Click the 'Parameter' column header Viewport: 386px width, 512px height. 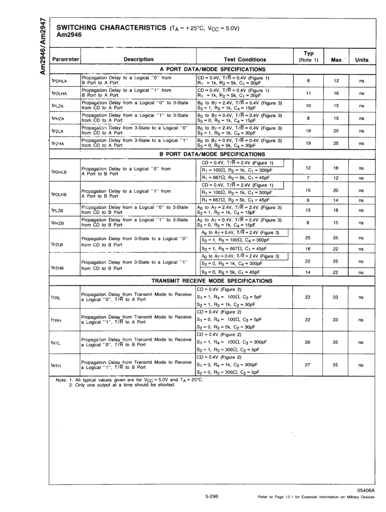(65, 59)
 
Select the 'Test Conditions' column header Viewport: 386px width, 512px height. (245, 59)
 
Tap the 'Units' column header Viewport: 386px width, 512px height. (361, 60)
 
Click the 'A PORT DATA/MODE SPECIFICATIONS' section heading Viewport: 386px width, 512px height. (212, 69)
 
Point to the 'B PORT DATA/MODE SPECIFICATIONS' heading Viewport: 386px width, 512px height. (212, 154)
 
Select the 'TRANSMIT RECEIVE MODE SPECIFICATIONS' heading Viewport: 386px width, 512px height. (212, 281)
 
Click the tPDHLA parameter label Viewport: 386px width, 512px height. (59, 81)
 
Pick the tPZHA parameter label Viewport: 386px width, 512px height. (58, 143)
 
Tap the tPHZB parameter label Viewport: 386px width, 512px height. (57, 223)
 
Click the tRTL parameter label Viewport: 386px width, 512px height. (56, 343)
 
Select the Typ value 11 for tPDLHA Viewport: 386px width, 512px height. (308, 93)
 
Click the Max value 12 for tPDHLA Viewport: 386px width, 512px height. (336, 80)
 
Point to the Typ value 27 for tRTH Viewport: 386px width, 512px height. (307, 365)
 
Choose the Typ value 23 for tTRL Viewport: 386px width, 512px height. (307, 297)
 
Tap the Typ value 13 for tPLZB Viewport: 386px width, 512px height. (308, 210)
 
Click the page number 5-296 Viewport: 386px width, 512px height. (211, 496)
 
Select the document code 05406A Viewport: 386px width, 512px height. (365, 490)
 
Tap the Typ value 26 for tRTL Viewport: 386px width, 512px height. (307, 342)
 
